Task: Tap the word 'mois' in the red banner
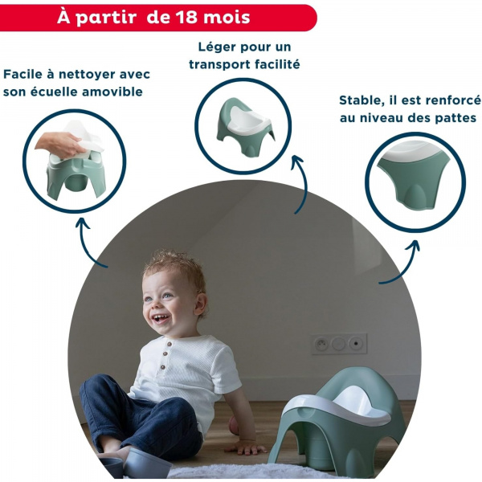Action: [x=231, y=17]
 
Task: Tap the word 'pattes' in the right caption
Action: [x=451, y=118]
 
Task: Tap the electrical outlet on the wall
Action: [x=338, y=344]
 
